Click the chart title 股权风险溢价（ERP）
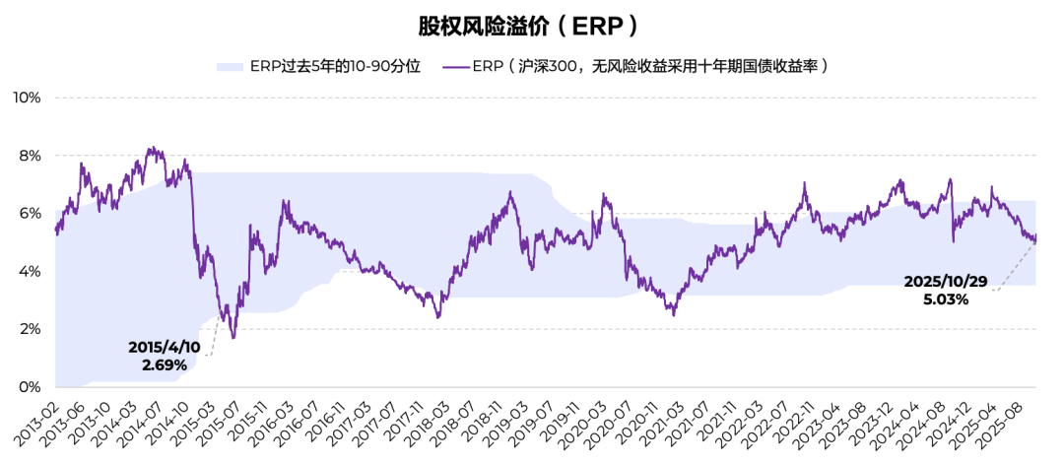click(533, 25)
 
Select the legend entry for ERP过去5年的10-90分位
click(319, 67)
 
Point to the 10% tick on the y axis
click(27, 98)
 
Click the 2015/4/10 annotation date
click(164, 348)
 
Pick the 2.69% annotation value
click(164, 365)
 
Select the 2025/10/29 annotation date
click(946, 282)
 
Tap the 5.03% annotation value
click(946, 298)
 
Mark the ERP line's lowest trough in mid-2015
click(233, 338)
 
